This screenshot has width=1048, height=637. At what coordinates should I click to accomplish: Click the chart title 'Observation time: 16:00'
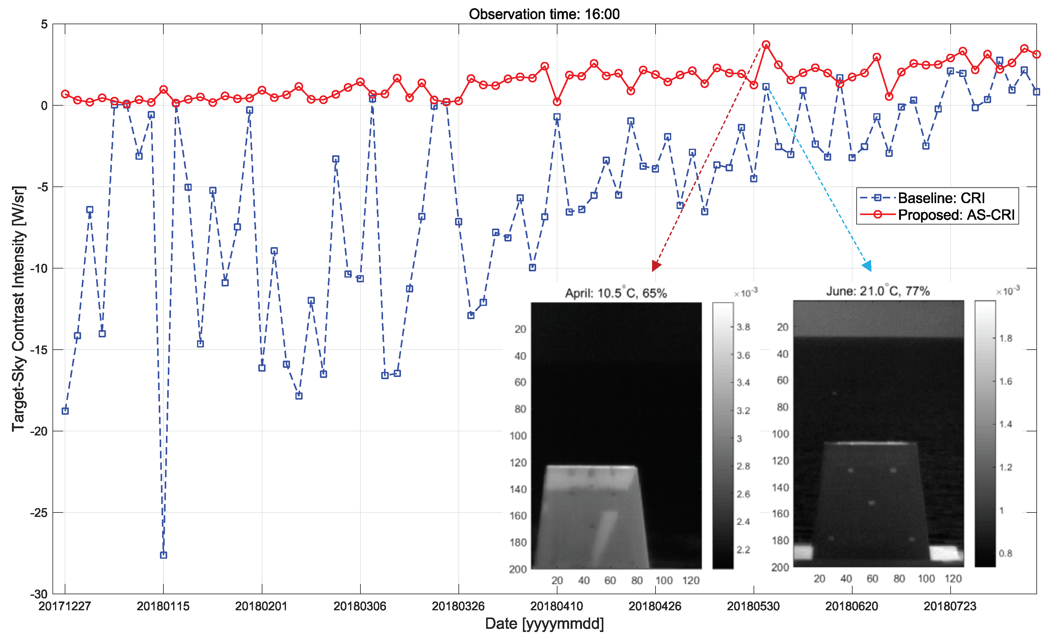[544, 14]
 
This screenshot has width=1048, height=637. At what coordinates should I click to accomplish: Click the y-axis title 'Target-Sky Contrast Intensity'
[18, 308]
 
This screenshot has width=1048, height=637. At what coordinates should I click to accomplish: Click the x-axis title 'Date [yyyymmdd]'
[544, 624]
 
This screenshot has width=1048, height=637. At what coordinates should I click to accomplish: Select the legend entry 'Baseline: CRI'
[941, 198]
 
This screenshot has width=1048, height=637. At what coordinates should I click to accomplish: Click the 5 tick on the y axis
[44, 24]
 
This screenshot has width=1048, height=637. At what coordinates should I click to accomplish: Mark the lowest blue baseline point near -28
[163, 555]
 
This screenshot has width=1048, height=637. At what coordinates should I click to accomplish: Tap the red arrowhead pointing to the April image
[656, 266]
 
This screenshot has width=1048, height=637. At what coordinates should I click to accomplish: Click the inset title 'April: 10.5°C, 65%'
[616, 293]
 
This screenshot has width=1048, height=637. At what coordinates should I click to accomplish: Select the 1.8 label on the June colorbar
[1006, 338]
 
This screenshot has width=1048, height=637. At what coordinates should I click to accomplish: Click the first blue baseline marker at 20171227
[65, 411]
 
